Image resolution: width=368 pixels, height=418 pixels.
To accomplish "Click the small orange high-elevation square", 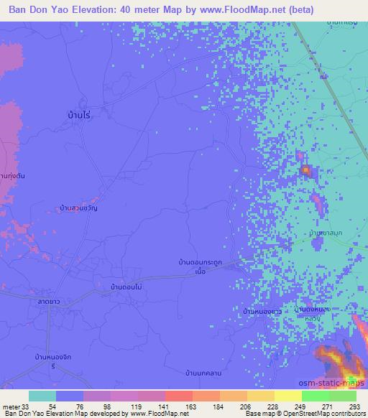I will pos(305,170).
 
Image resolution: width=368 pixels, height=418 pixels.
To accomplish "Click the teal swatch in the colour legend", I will pos(42,396).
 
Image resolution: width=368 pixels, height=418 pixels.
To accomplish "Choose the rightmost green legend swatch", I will pos(342,396).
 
